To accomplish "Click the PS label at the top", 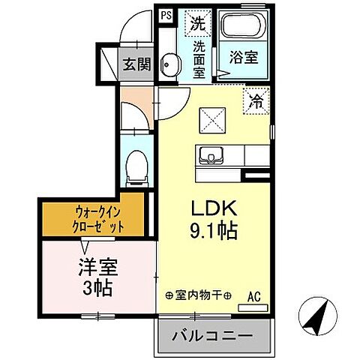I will [x=165, y=14].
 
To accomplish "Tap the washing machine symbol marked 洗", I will [x=197, y=23].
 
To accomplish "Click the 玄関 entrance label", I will [x=137, y=64].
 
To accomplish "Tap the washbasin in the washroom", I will [x=167, y=65].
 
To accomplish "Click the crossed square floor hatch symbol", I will [x=210, y=119].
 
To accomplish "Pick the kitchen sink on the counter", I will [x=212, y=156].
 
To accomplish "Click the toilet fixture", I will [x=136, y=166].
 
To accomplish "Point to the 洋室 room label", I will [x=95, y=268].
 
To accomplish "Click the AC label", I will [x=255, y=296].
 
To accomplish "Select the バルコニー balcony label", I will [x=212, y=335].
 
